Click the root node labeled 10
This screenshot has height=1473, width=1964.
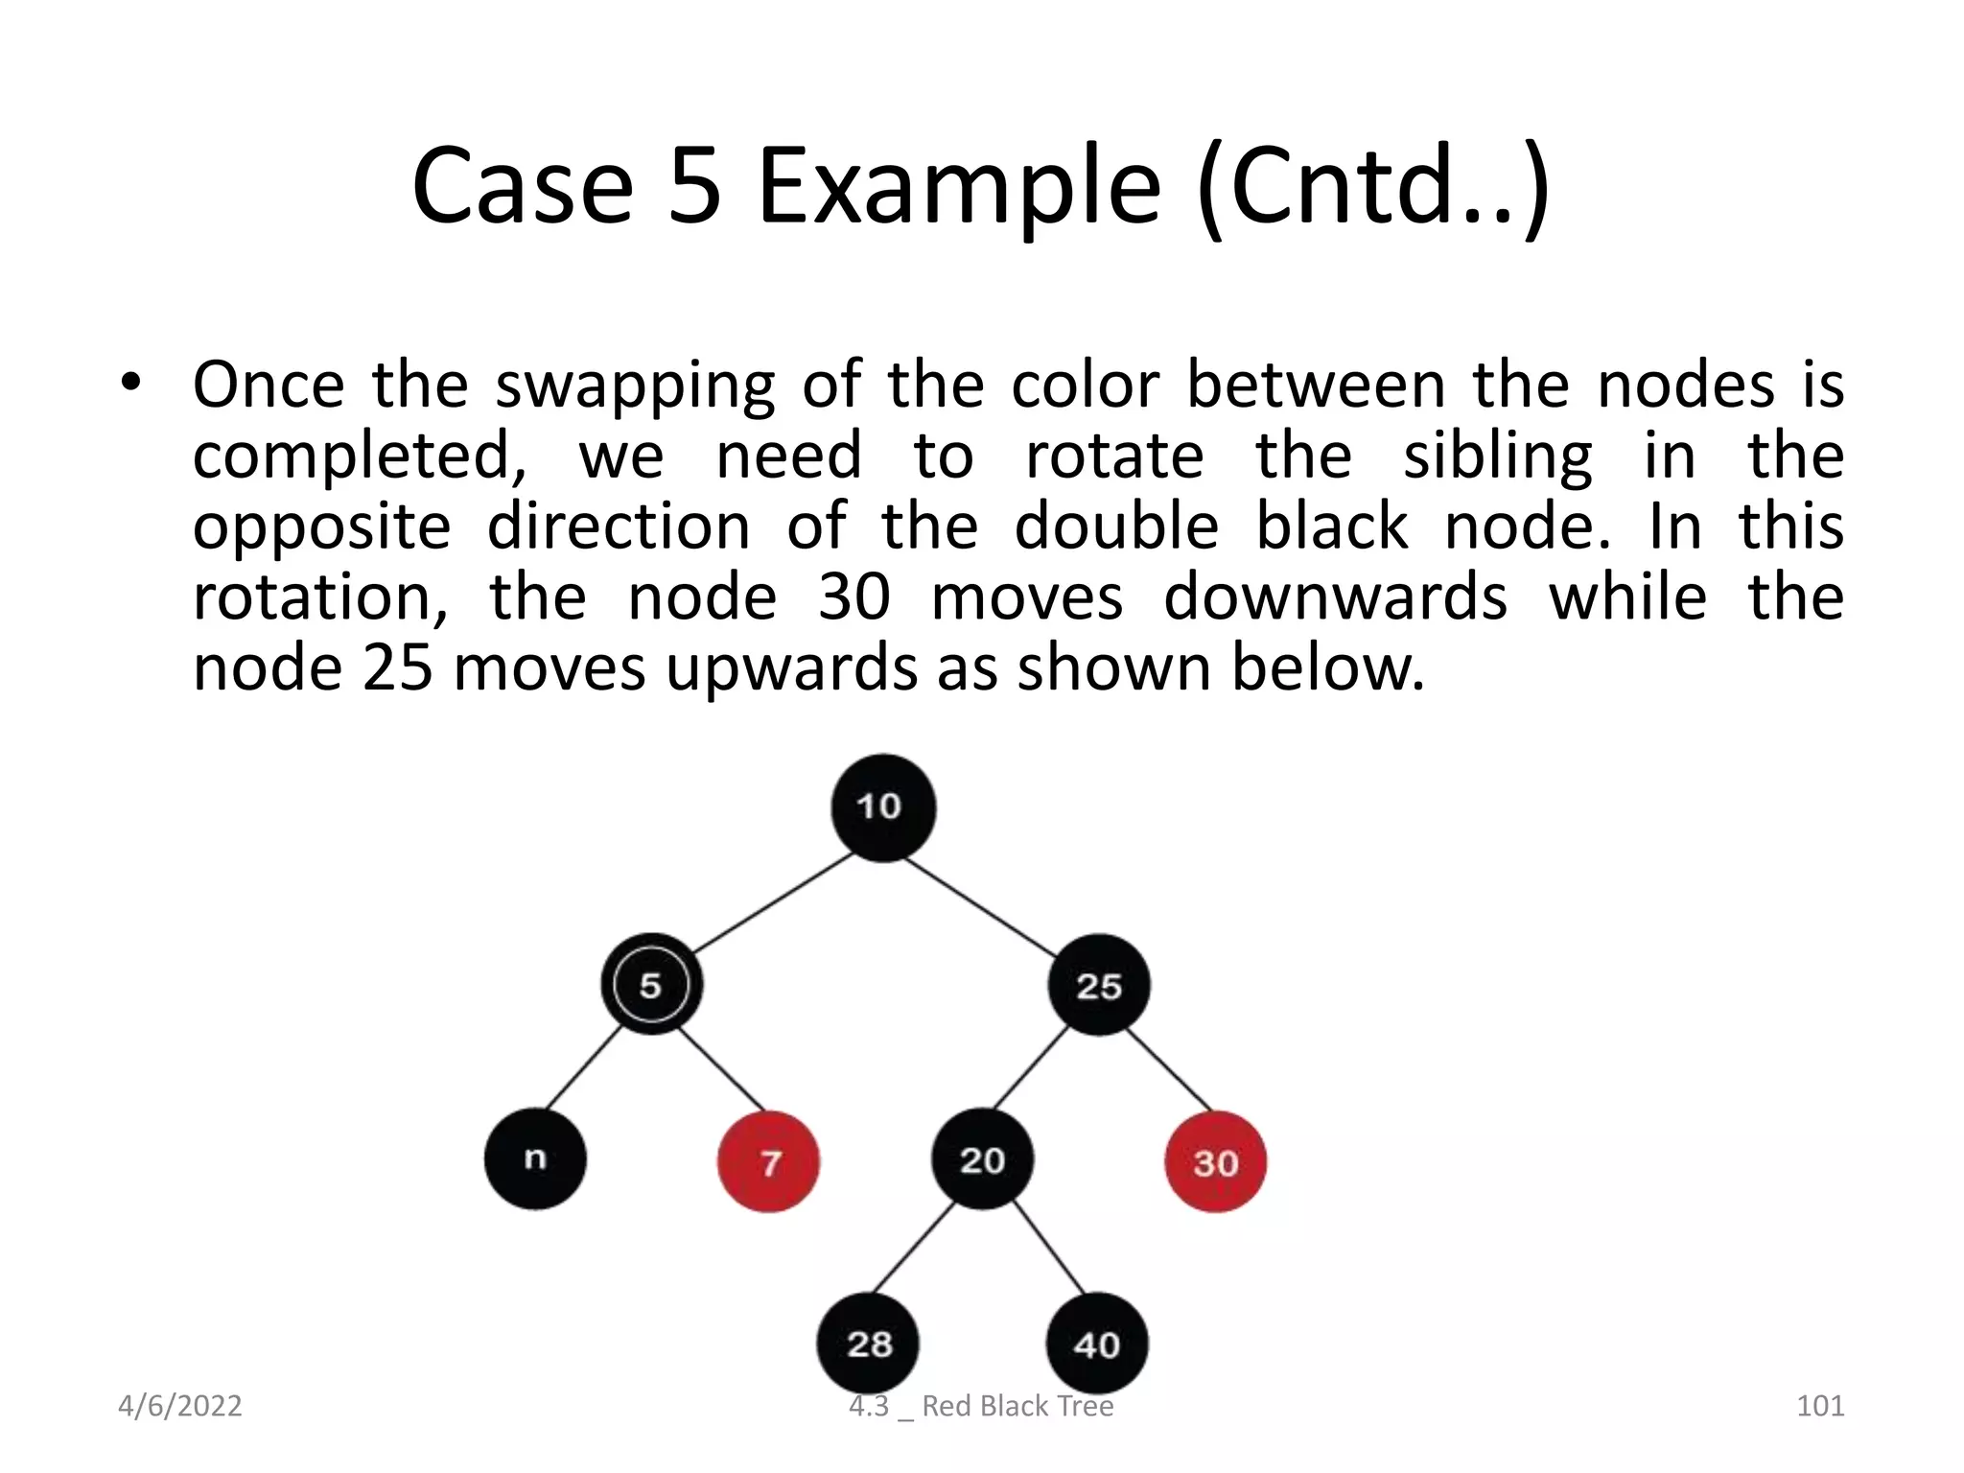click(x=882, y=807)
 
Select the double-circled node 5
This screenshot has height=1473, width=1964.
click(x=651, y=985)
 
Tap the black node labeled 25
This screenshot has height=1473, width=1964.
click(x=1098, y=985)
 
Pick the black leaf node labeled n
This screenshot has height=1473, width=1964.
click(x=535, y=1158)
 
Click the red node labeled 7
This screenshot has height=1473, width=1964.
click(x=769, y=1161)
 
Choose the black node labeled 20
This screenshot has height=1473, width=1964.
click(x=982, y=1158)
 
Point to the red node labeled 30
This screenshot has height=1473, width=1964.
click(x=1215, y=1161)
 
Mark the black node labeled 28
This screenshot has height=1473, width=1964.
click(x=868, y=1343)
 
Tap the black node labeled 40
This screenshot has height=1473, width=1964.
click(x=1096, y=1343)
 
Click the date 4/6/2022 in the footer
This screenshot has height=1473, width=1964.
click(x=179, y=1406)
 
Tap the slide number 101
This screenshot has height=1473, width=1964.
click(x=1819, y=1406)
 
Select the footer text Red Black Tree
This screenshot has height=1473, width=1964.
click(x=1017, y=1406)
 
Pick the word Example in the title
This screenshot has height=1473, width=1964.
click(x=959, y=187)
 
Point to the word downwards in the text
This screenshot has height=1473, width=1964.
click(x=1335, y=597)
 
